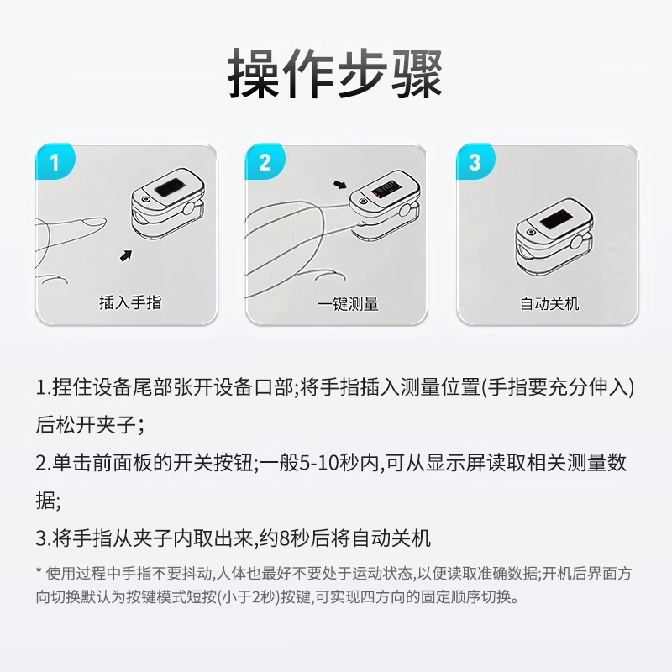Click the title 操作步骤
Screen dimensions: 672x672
click(x=335, y=74)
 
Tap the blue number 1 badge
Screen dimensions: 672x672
click(x=55, y=162)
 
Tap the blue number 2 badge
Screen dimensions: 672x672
click(x=265, y=162)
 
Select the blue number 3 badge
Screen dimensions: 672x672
click(x=475, y=162)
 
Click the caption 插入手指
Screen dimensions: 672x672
click(x=131, y=302)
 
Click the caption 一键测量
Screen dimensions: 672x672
click(x=348, y=304)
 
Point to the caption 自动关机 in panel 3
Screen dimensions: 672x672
click(x=549, y=304)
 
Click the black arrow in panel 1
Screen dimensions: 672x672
click(x=126, y=256)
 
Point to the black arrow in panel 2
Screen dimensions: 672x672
click(x=340, y=185)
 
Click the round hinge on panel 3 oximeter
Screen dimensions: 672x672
click(x=576, y=242)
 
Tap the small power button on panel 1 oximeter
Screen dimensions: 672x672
click(x=146, y=201)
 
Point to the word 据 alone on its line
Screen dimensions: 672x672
click(x=45, y=501)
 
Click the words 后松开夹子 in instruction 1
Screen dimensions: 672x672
click(x=87, y=425)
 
